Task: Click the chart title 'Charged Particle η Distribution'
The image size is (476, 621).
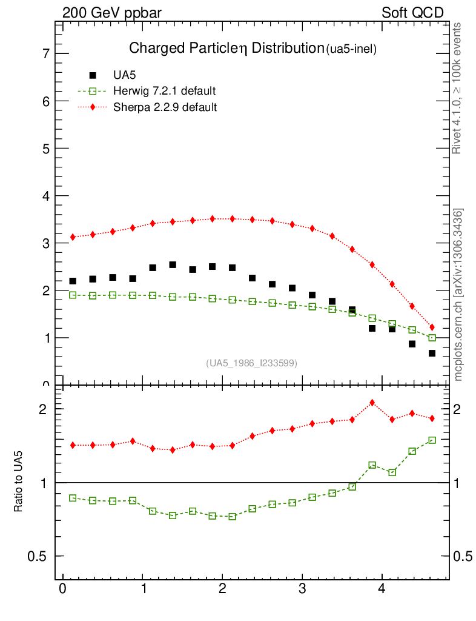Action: tap(226, 49)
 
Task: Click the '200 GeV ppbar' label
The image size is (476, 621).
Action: tap(111, 13)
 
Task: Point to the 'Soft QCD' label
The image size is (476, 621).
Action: tap(412, 13)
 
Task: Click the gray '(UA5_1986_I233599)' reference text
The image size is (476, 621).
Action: tap(252, 363)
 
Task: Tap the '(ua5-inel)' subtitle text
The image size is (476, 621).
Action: tap(352, 50)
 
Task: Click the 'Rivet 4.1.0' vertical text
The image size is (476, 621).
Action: tap(458, 88)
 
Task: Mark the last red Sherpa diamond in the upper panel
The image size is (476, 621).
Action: tap(432, 327)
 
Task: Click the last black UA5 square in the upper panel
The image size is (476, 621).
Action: tap(432, 353)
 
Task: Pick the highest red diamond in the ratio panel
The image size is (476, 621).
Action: tap(372, 403)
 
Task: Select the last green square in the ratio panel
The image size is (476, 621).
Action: tap(432, 440)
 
